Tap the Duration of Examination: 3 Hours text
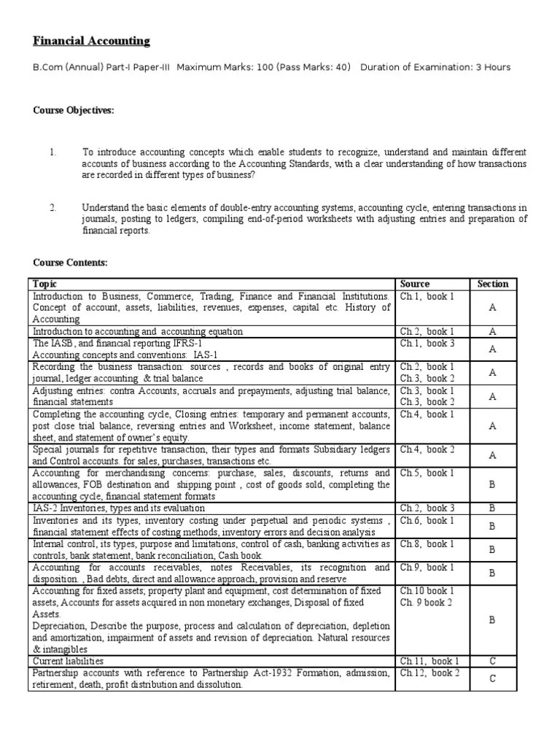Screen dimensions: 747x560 [x=435, y=67]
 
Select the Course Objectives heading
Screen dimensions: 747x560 [x=74, y=110]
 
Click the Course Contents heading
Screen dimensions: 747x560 [x=70, y=263]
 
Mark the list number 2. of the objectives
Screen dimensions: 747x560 [x=52, y=208]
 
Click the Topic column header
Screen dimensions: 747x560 [x=45, y=284]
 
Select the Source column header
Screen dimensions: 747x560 [x=415, y=284]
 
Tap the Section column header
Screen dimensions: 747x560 [x=492, y=284]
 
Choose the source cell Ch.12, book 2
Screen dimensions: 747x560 [x=429, y=672]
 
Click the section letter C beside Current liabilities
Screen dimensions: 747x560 [x=492, y=661]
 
